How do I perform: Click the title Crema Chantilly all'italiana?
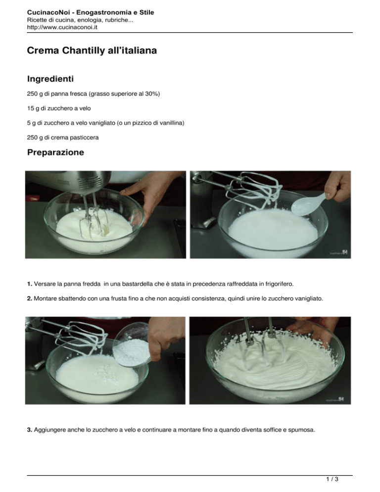pos(92,50)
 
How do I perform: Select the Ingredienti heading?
pos(50,79)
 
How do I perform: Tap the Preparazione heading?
pos(55,152)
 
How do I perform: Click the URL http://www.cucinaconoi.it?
pos(62,27)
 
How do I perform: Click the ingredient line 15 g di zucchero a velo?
pos(59,108)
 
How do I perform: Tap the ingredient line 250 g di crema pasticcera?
pos(63,138)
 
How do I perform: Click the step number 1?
pos(30,284)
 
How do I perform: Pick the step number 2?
pos(30,298)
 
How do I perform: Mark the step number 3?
pos(30,430)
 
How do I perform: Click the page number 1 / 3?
pos(332,479)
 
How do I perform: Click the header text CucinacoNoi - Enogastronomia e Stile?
pos(91,12)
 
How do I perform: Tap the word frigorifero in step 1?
pos(279,284)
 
